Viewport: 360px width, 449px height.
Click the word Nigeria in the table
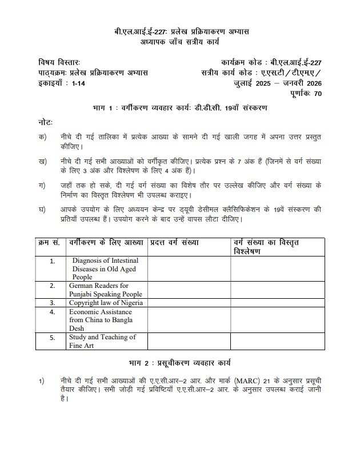129,302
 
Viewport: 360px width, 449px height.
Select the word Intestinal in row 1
127,260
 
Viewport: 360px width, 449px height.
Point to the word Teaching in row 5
117,337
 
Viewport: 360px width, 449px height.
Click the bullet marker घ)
42,210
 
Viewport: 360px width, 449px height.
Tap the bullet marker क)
42,138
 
